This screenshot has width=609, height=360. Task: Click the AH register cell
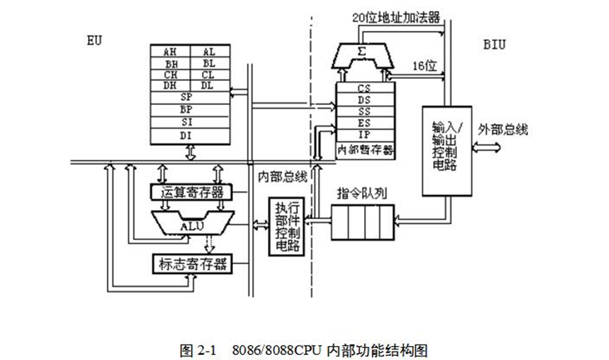click(x=170, y=51)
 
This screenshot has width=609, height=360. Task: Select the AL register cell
click(x=209, y=51)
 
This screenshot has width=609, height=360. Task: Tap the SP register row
click(x=189, y=97)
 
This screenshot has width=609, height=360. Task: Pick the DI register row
click(x=189, y=134)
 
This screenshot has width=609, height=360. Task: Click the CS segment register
click(x=365, y=89)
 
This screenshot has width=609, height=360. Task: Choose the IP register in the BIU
click(x=365, y=134)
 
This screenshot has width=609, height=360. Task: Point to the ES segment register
click(x=365, y=123)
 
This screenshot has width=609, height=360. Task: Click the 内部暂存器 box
click(x=365, y=149)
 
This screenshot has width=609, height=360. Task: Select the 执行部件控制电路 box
click(x=288, y=226)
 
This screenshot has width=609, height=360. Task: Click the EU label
click(x=93, y=40)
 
